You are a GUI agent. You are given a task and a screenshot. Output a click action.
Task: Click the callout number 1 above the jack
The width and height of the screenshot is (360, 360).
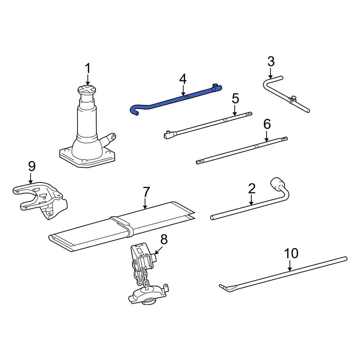[88, 69]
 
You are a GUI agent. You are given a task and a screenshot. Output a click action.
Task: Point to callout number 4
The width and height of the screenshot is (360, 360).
[183, 79]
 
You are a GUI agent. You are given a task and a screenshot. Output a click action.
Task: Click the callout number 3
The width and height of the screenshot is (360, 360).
[271, 62]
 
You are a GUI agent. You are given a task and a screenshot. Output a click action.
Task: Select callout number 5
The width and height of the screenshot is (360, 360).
[235, 98]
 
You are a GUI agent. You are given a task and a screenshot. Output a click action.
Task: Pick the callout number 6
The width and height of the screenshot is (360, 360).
[267, 124]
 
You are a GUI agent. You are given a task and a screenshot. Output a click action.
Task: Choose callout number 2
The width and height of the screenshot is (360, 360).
[252, 188]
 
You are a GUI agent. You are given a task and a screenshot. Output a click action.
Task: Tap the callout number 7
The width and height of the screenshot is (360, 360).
[146, 192]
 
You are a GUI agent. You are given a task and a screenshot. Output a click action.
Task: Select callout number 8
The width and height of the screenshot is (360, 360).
[164, 239]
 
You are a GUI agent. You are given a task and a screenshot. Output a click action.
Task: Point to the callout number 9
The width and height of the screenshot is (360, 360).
[32, 166]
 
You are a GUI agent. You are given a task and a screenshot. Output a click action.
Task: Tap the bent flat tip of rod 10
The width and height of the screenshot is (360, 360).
[224, 287]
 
